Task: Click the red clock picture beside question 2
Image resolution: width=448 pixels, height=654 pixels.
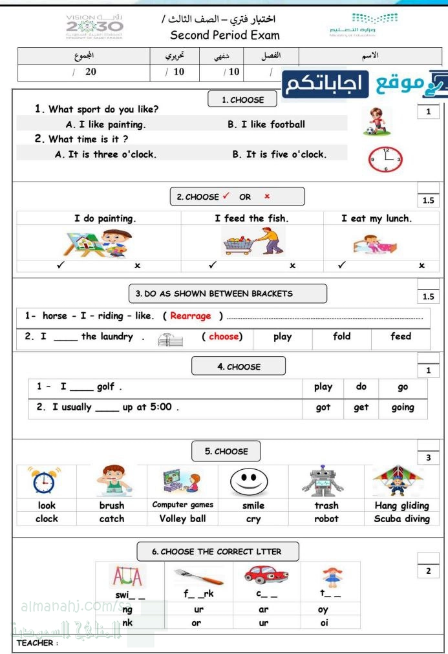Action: pyautogui.click(x=385, y=159)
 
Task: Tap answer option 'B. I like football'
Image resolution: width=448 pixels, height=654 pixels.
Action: pyautogui.click(x=266, y=124)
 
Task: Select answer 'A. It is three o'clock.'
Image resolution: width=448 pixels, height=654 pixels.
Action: pyautogui.click(x=106, y=154)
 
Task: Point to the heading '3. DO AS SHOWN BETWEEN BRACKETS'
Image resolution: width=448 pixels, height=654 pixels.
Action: pyautogui.click(x=213, y=293)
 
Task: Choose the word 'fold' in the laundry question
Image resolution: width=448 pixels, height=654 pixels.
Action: pyautogui.click(x=341, y=337)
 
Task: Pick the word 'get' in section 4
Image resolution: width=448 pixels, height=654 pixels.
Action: pyautogui.click(x=361, y=408)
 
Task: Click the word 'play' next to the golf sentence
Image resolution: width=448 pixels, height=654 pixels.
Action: pyautogui.click(x=323, y=386)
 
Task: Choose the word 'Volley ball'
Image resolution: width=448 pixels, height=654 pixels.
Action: pyautogui.click(x=182, y=518)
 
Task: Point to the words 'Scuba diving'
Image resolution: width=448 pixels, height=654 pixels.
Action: pyautogui.click(x=401, y=518)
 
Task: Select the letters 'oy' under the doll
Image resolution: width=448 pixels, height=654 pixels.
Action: pyautogui.click(x=323, y=609)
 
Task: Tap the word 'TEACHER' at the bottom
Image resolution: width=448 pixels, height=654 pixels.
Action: pyautogui.click(x=34, y=643)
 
